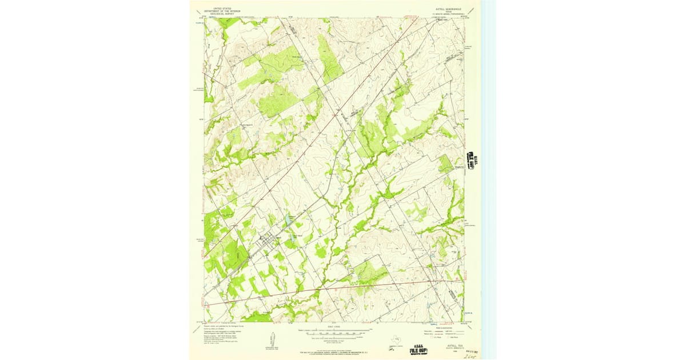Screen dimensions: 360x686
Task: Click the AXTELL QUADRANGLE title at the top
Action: click(x=448, y=10)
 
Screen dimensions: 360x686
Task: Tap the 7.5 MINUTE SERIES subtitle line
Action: click(x=448, y=15)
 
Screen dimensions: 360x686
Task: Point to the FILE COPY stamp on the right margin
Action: click(x=472, y=161)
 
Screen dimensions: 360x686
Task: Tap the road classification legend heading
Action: click(x=441, y=327)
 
